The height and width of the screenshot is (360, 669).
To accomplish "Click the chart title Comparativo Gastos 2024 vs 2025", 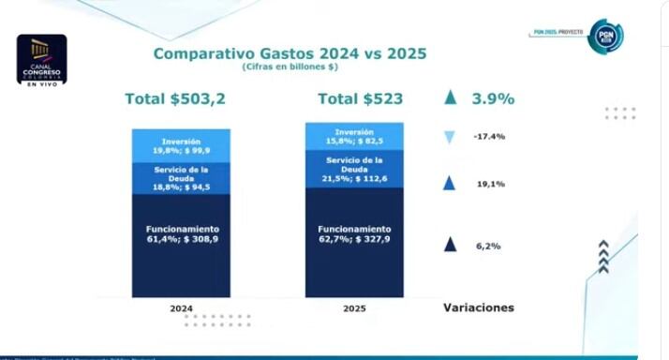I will (x=290, y=53).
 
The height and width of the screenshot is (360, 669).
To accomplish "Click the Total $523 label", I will (x=355, y=98).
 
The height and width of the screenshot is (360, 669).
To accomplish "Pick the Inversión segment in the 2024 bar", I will (x=181, y=145).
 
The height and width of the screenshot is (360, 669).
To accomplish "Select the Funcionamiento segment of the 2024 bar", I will (x=181, y=244).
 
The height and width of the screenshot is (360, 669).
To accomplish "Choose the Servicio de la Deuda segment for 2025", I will (x=355, y=169).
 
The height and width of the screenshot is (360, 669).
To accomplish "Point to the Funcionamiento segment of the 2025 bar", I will (x=355, y=240).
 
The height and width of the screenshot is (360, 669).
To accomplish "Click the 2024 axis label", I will (x=181, y=307).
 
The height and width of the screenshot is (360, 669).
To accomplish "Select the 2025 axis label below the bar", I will (x=355, y=307).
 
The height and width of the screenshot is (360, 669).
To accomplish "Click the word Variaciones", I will (x=478, y=307).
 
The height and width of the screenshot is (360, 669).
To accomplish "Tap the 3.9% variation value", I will (x=493, y=98).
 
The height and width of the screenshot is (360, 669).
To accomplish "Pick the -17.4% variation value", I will (x=489, y=137).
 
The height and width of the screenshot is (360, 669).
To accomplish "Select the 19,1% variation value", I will (x=490, y=185).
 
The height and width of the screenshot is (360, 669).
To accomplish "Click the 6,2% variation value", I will (x=487, y=246).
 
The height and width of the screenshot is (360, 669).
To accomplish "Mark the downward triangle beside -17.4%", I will (x=450, y=138).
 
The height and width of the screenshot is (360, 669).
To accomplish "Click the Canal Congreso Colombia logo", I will (x=41, y=59).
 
